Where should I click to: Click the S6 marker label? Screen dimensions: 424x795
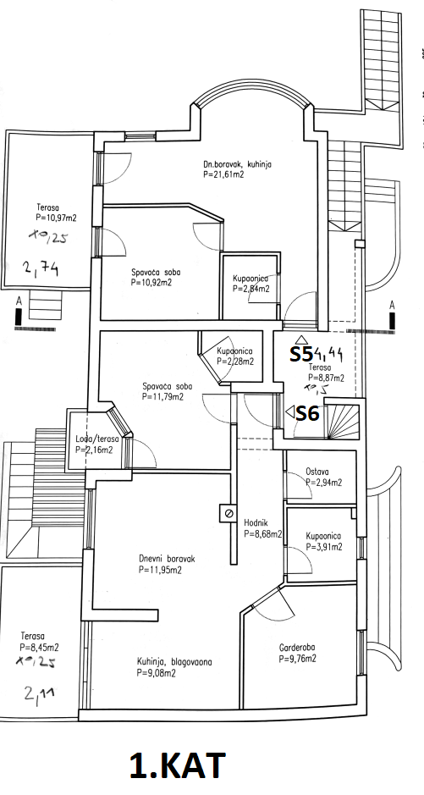(x=307, y=414)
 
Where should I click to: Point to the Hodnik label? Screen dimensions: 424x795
(x=256, y=524)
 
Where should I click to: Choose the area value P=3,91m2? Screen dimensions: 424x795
(x=324, y=547)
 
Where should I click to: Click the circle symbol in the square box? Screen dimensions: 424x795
(x=228, y=514)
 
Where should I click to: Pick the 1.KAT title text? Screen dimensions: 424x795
(x=177, y=765)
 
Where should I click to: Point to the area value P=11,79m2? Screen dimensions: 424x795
(x=163, y=396)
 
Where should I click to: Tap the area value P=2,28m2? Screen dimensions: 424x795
(x=235, y=362)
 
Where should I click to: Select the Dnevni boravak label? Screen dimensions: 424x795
(x=167, y=560)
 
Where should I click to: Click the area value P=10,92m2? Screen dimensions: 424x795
(x=151, y=283)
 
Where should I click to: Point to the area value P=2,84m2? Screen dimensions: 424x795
(x=251, y=289)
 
